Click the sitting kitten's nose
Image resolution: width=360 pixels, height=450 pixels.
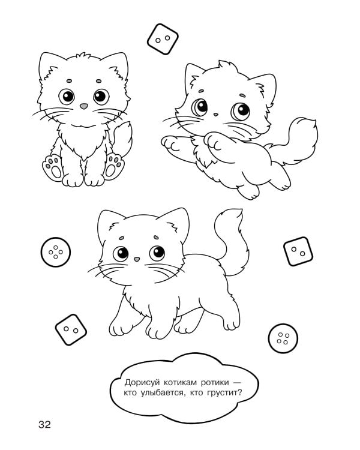coord(84,106)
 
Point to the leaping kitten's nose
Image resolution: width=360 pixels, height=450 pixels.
coord(215,115)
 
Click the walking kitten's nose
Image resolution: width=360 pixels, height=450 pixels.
coord(137,259)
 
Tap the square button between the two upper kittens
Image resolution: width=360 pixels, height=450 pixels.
coord(163,39)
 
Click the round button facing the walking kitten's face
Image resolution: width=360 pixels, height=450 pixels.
coord(55,252)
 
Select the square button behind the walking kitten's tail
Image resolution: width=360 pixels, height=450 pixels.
coord(298,251)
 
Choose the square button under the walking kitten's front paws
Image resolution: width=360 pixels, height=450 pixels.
coord(71,329)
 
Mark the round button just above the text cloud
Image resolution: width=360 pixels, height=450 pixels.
coord(283,338)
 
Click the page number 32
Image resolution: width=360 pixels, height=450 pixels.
coord(44,424)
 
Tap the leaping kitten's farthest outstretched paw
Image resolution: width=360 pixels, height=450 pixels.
coord(170,143)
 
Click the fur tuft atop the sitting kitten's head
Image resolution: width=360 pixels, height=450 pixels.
coord(83,55)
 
